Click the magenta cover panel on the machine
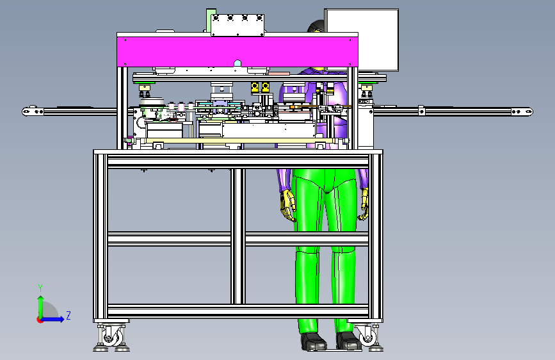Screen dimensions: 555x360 click(237, 52)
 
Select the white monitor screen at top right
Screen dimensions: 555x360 click(362, 40)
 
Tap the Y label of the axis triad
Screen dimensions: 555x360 click(40, 288)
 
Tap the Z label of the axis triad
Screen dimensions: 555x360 click(68, 316)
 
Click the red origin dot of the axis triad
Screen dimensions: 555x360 click(40, 320)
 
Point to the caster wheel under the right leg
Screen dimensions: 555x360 click(367, 336)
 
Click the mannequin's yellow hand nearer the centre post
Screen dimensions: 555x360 click(288, 206)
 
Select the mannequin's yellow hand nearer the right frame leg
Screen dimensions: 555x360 click(364, 204)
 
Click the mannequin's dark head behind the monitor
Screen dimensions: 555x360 click(316, 27)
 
